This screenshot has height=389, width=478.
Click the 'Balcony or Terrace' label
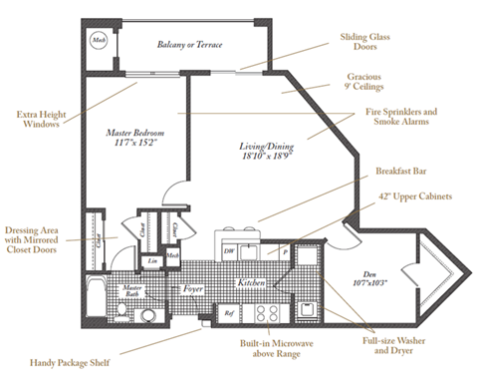click(x=189, y=45)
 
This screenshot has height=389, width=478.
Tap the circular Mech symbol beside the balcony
click(x=100, y=39)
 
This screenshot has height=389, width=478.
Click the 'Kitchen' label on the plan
click(x=251, y=283)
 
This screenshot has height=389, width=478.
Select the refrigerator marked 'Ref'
click(x=227, y=312)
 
